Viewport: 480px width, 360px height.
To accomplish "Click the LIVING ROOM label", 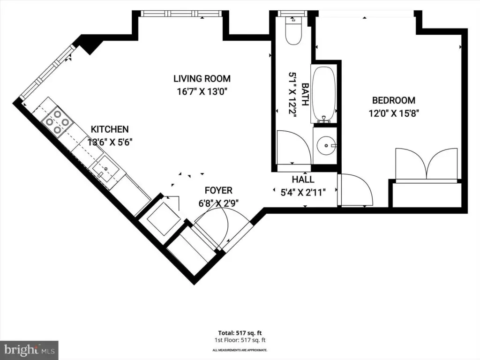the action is [x=202, y=79].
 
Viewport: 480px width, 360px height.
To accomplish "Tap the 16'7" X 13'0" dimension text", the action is [x=203, y=91].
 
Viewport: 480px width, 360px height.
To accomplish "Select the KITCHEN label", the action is [x=110, y=129].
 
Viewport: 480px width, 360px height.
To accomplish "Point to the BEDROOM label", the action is [x=394, y=100].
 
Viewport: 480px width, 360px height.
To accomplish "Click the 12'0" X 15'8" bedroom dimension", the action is [x=394, y=113].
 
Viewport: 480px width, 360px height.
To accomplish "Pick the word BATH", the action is [x=305, y=94].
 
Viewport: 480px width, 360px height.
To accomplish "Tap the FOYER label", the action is [x=218, y=190].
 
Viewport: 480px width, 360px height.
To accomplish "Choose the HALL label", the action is [x=303, y=180].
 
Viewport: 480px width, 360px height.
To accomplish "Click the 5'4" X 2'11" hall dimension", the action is [x=303, y=192].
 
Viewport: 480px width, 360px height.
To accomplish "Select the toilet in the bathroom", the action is [x=293, y=30].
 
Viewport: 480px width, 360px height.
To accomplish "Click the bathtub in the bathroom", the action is [x=324, y=94].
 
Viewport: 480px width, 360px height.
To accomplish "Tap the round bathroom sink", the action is [x=326, y=146].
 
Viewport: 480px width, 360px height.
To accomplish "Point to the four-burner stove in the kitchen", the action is [x=57, y=121].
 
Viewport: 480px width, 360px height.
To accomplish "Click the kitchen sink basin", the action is [x=105, y=169].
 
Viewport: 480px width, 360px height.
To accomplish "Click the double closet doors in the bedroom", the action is [x=427, y=164].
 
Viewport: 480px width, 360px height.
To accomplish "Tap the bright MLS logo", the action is [x=30, y=350].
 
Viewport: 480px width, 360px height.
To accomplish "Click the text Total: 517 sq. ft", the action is [x=240, y=333].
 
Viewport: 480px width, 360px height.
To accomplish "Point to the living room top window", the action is [x=180, y=14].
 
